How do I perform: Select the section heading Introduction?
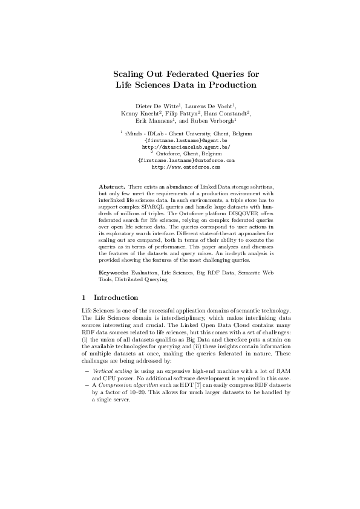[x=116, y=297]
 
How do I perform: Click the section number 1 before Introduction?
[x=83, y=297]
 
